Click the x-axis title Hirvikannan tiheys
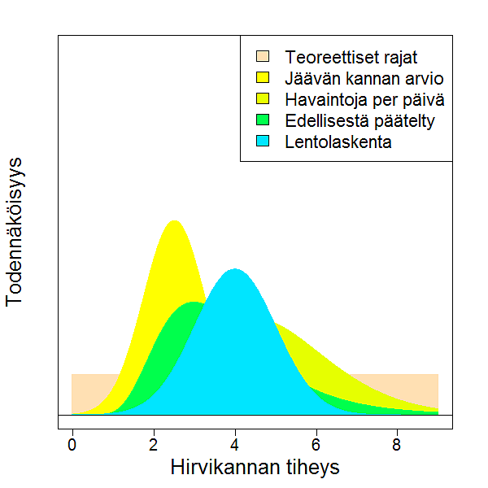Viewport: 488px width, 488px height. (x=255, y=468)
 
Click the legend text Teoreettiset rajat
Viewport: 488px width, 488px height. (x=351, y=58)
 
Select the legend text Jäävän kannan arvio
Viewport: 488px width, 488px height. (x=364, y=79)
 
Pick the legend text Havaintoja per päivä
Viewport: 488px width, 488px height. (x=364, y=100)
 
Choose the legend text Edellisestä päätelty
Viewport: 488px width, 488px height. (x=360, y=121)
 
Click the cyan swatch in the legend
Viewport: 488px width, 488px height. (x=263, y=142)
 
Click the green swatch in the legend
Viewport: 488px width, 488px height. (x=263, y=120)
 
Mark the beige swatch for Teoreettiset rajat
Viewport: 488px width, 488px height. (x=263, y=57)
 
